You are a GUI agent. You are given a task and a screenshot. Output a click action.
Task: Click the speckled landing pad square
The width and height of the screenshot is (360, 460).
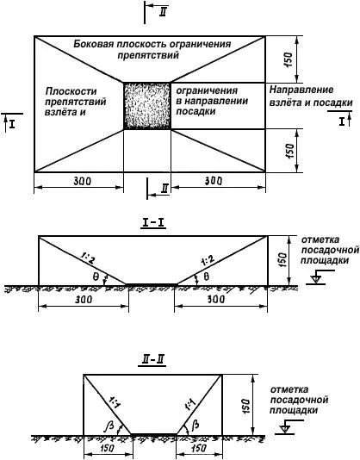tap(147, 106)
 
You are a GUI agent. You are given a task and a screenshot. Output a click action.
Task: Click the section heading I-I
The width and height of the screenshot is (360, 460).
tap(153, 223)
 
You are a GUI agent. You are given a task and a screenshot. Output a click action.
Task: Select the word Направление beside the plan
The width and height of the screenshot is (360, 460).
tap(301, 90)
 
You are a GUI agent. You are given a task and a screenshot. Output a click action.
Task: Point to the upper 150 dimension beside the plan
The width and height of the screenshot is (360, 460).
tap(289, 59)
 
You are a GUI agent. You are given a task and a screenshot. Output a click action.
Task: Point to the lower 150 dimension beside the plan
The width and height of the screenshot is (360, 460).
tap(289, 151)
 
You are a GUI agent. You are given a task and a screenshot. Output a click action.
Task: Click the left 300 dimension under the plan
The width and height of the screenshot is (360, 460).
tap(82, 181)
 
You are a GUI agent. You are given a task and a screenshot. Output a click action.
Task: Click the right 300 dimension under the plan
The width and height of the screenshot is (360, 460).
tap(214, 181)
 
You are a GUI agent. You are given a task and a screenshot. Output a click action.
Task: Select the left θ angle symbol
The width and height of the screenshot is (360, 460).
tap(96, 277)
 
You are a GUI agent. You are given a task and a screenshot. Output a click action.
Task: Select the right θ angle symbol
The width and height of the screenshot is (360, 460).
tap(206, 277)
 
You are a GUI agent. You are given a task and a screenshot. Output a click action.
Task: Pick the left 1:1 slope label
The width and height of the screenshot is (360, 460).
tap(115, 402)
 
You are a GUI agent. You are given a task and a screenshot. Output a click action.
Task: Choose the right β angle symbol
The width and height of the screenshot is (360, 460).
tap(196, 425)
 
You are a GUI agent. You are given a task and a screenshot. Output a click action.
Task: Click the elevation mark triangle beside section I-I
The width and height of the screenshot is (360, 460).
tap(316, 279)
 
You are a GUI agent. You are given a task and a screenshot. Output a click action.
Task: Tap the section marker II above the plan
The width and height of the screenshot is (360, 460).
tap(164, 12)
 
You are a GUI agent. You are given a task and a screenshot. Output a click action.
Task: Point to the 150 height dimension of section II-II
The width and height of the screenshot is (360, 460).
tap(245, 406)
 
